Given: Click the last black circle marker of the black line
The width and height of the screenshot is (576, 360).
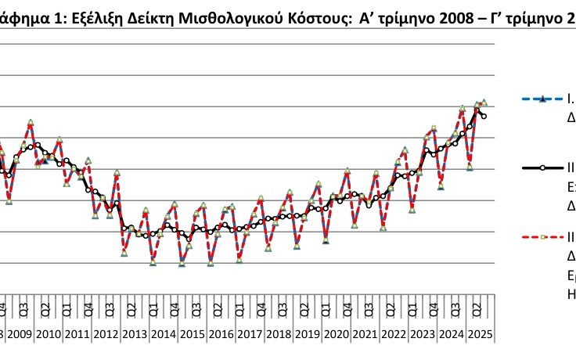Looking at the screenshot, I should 484,117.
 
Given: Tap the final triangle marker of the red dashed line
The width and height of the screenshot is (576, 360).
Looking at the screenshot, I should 484,103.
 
